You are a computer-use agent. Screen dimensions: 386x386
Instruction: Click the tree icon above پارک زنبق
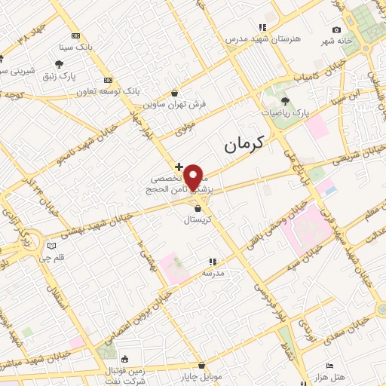[x=60, y=64]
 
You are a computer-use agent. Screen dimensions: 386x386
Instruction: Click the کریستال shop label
[x=197, y=221]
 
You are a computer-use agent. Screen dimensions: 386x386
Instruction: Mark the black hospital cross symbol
[x=178, y=166]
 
